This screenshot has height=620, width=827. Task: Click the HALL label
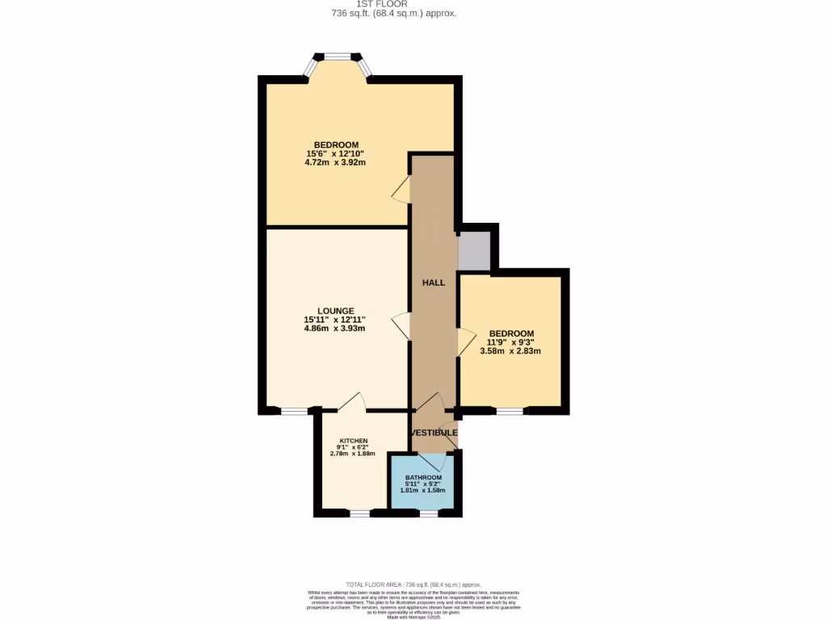tap(434, 283)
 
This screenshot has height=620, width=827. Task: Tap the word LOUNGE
tap(335, 310)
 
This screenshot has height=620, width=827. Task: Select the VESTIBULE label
tap(434, 434)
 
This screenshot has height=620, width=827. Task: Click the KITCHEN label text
tap(353, 441)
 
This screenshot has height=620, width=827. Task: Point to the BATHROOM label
tap(423, 478)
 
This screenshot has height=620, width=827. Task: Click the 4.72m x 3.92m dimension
tap(335, 162)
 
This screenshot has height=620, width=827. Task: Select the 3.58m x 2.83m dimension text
tap(510, 351)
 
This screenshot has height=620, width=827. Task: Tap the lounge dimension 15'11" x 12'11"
tap(335, 320)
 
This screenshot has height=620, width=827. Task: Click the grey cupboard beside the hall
tap(474, 251)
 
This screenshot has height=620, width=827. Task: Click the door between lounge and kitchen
tap(353, 403)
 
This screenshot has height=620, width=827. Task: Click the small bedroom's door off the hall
tap(466, 342)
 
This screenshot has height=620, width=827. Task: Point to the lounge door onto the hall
tap(401, 328)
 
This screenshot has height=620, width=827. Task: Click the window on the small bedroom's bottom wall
tap(509, 411)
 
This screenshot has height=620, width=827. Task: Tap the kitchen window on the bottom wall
tap(359, 513)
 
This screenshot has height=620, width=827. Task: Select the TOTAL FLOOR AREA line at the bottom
tap(413, 584)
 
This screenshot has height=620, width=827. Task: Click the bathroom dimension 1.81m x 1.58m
tap(423, 491)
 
